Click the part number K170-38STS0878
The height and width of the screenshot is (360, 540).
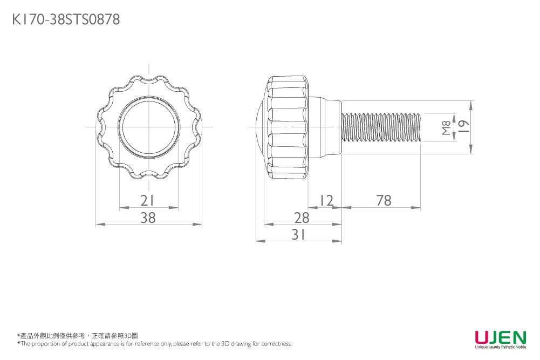(66, 20)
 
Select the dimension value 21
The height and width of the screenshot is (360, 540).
(148, 201)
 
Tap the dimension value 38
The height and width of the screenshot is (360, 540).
(148, 218)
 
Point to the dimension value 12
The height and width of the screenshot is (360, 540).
(325, 201)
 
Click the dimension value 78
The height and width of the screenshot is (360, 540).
(384, 201)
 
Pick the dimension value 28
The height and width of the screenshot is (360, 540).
(302, 218)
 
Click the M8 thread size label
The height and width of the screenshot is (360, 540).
(446, 127)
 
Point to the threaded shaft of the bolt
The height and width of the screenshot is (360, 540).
(381, 127)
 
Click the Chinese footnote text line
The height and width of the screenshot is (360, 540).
(78, 336)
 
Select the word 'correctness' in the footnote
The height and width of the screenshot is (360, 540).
(277, 344)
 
